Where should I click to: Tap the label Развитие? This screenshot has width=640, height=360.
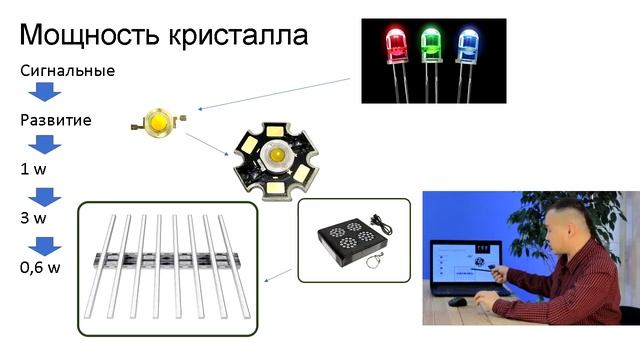tap(56, 120)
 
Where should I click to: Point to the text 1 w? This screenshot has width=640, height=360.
tap(33, 169)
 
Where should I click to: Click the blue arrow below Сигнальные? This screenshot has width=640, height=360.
tap(43, 94)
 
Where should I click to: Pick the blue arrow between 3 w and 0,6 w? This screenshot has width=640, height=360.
tap(43, 244)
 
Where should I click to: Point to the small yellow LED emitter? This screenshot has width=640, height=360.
tap(157, 122)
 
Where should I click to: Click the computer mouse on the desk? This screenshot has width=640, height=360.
tap(457, 301)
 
